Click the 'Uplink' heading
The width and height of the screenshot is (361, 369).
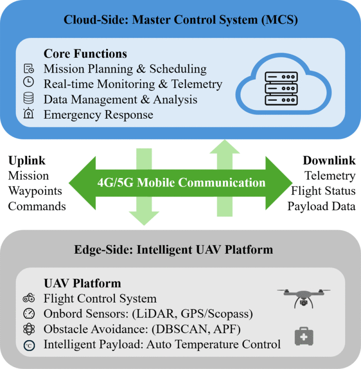pos(27,161)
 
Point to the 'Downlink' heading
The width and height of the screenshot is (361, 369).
pos(329,161)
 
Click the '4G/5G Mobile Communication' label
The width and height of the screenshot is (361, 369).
pos(181,183)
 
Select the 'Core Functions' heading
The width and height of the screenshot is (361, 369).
pos(85,54)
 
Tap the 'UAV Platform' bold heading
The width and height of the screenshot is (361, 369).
pos(82,283)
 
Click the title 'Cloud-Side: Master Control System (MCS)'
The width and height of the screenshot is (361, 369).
pos(180,20)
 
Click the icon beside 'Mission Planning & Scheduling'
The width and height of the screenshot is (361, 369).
pos(28,69)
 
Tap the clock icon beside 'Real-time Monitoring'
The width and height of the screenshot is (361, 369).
pos(28,84)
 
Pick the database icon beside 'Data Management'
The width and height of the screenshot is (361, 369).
pos(28,99)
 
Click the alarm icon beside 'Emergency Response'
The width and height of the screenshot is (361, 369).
pos(28,114)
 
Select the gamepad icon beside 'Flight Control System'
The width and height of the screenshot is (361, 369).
pos(28,299)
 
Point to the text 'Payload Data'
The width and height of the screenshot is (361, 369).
pos(321,206)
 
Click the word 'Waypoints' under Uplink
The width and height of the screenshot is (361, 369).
pos(35,191)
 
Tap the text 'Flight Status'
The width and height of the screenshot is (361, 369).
pos(323,191)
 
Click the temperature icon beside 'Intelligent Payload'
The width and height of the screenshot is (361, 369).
pos(28,345)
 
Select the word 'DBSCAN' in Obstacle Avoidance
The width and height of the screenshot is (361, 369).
pos(179,329)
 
